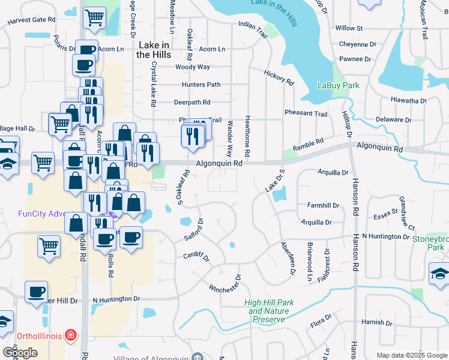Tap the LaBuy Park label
point(338,85)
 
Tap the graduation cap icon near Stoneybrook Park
point(439,274)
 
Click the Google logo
point(20,353)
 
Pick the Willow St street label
point(349,28)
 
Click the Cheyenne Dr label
point(357,44)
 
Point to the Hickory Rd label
point(279,77)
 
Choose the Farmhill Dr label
point(324,205)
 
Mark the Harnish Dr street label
point(377,323)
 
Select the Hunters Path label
point(201,85)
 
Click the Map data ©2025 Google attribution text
point(411,355)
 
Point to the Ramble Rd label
point(308,144)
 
